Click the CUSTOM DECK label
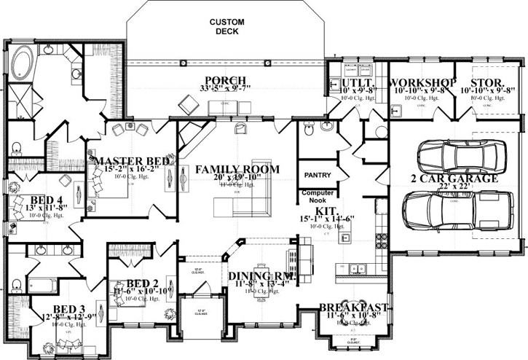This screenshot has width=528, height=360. pos(227,27)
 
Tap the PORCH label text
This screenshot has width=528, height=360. pos(224,81)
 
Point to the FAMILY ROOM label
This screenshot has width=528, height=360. pos(237,169)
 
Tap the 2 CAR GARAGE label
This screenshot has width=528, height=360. pos(454,178)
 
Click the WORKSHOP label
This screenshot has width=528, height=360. pos(422,82)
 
